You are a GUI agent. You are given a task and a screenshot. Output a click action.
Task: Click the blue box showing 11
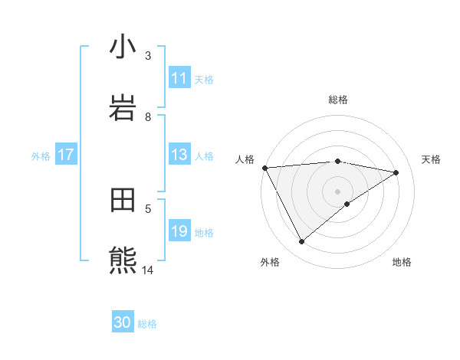click(179, 78)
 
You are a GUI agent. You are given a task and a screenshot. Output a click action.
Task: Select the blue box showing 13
click(179, 155)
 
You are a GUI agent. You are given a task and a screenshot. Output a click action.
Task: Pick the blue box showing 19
click(179, 231)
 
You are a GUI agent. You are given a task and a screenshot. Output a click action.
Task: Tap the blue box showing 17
click(66, 155)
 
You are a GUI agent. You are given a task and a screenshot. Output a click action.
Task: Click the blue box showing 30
click(123, 322)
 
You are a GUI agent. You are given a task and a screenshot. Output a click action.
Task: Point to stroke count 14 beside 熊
click(148, 270)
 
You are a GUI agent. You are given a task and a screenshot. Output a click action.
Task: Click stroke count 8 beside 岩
click(148, 116)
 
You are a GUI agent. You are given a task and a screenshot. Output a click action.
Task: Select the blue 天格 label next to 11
click(203, 79)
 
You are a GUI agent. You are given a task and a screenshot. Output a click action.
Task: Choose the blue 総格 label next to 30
click(147, 324)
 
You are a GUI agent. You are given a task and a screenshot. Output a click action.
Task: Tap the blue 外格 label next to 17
click(41, 155)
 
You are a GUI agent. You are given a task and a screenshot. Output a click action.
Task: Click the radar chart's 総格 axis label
click(338, 100)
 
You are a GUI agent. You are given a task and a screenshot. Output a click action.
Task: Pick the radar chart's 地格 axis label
click(402, 262)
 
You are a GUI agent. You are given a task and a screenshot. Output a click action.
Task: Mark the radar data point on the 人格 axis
click(264, 168)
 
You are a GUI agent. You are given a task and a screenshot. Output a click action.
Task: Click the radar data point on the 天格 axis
click(396, 172)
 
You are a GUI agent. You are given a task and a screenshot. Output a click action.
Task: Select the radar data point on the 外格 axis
click(301, 242)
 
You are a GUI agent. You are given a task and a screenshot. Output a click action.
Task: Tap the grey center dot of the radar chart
click(338, 191)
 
